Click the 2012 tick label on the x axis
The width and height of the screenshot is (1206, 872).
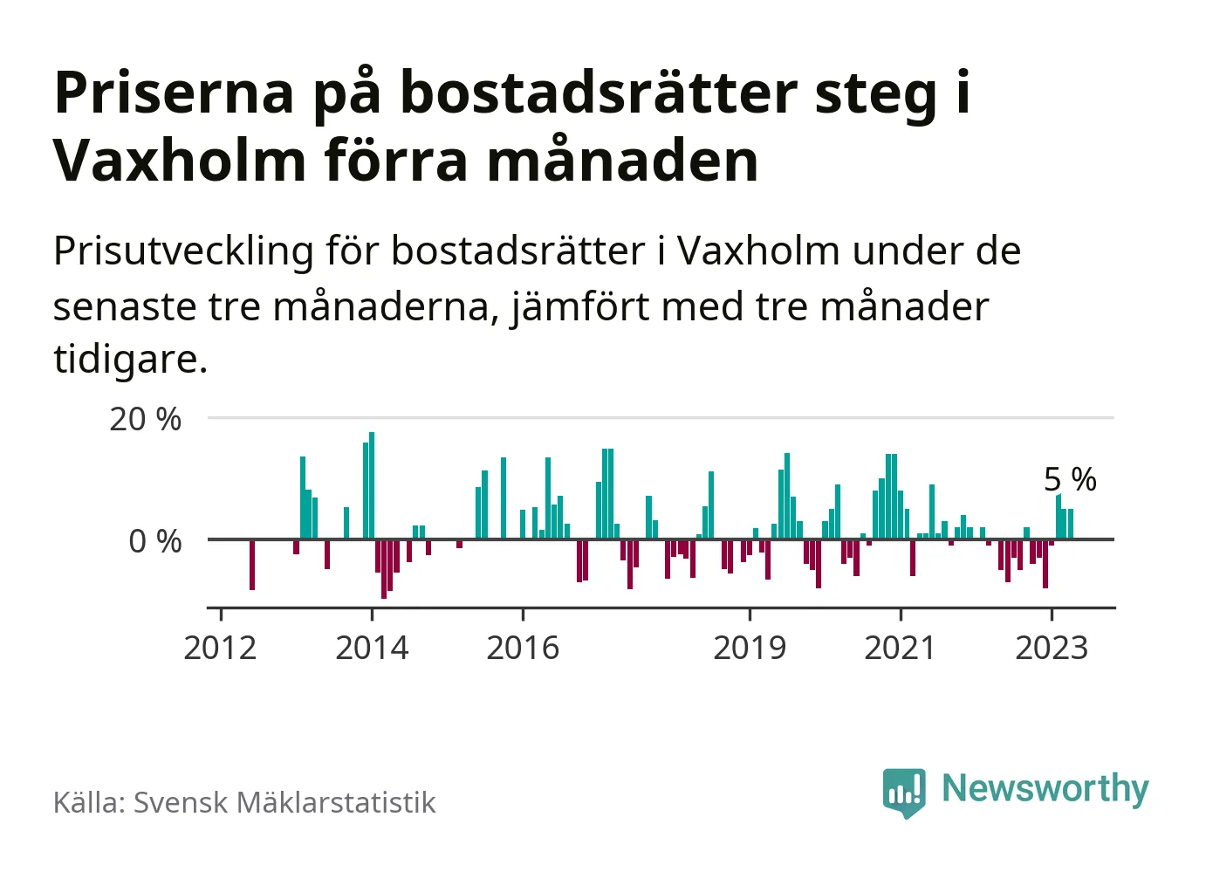[x=220, y=649]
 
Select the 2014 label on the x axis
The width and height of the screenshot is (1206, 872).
[x=372, y=649]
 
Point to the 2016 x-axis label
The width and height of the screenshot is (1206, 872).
[x=523, y=649]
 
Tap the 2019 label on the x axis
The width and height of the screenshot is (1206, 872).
[x=750, y=649]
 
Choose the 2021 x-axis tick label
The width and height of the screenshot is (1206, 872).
[x=900, y=649]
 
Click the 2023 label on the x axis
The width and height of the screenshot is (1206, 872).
[x=1052, y=649]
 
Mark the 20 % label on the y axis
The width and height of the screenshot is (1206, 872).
[x=145, y=420]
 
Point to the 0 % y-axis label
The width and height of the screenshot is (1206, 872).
[x=155, y=542]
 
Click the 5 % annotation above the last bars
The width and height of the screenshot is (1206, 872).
[x=1070, y=479]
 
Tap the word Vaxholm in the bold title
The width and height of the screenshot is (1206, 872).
[x=179, y=161]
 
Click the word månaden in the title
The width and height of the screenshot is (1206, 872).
[x=622, y=161]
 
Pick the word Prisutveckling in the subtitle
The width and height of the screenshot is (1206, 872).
[x=183, y=252]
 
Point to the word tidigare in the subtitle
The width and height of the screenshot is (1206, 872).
[x=129, y=359]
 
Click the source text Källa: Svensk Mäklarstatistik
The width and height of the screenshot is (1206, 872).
[x=244, y=803]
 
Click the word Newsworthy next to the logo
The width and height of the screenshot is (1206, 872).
[x=1045, y=789]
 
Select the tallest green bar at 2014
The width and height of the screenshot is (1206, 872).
[x=372, y=485]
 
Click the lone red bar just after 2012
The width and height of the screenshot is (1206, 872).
[x=252, y=565]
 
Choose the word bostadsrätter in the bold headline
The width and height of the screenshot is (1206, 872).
[x=599, y=93]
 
